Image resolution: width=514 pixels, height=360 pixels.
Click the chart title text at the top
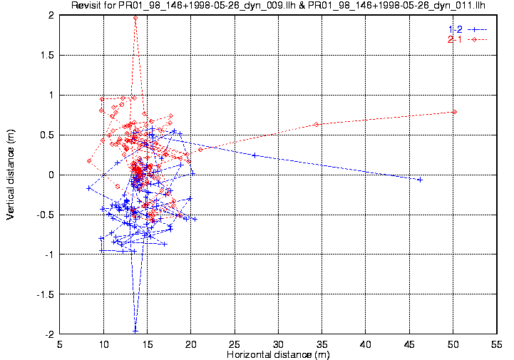point(279,6)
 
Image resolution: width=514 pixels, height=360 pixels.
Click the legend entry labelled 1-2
point(456,29)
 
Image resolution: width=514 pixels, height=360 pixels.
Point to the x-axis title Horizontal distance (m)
point(278,354)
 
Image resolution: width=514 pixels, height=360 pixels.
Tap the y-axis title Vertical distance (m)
point(11,174)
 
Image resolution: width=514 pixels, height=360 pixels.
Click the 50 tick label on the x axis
point(453,344)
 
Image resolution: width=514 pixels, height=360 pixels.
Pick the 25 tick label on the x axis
point(235,344)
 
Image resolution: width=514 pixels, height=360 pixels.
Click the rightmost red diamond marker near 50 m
point(454,111)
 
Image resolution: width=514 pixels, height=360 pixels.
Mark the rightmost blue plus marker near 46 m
point(420,180)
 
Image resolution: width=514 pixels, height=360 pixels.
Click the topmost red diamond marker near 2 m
point(135,16)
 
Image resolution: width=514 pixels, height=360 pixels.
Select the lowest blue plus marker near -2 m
point(135,330)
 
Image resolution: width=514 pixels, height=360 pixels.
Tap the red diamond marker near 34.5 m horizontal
point(317,124)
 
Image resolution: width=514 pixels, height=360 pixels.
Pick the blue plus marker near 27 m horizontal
point(255,155)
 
